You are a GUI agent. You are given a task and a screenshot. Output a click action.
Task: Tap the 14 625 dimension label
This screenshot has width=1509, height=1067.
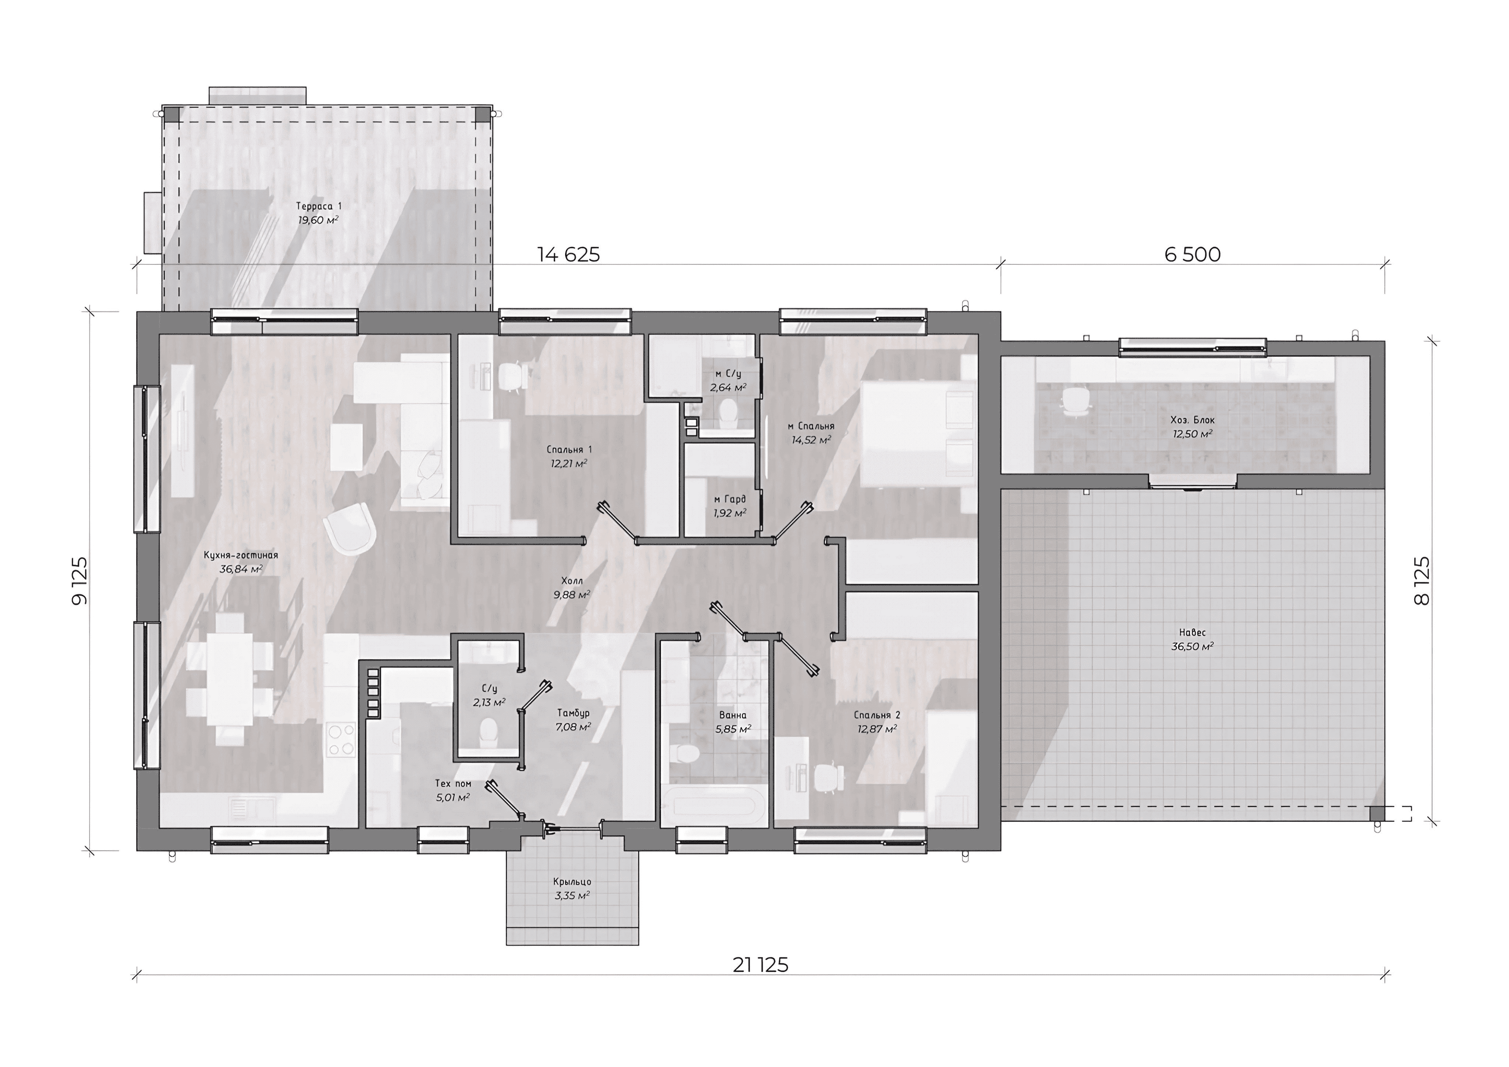[x=569, y=254]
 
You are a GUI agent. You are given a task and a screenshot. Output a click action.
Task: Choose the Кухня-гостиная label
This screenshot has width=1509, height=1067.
[x=240, y=555]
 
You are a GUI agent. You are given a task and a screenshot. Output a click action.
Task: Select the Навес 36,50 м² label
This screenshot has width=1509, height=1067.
[x=1191, y=639]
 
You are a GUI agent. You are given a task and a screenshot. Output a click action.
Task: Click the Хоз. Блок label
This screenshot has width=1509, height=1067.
[x=1192, y=420]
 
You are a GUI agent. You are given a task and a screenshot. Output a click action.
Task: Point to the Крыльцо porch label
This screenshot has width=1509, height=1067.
[x=572, y=882]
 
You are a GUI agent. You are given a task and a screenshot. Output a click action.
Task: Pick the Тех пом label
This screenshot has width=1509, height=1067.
[x=453, y=783]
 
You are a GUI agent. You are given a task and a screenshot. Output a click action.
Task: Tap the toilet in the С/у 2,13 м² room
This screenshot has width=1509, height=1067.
[x=488, y=731]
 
